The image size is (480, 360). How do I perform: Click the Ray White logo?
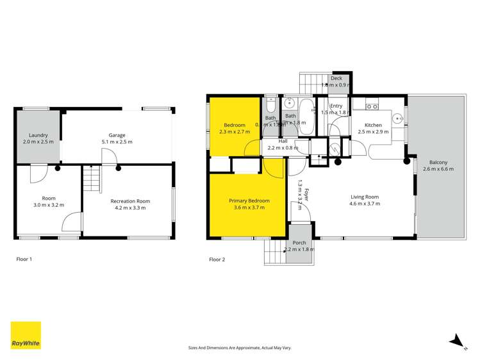coord(26,335)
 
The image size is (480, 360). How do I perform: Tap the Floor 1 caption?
coord(24,259)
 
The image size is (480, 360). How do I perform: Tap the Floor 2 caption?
coord(217,259)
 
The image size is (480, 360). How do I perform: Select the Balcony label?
coord(438,161)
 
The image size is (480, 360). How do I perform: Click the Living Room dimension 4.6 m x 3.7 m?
coord(364,204)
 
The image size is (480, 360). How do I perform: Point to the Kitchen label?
coord(373,125)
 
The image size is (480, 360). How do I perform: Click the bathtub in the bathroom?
coord(305,116)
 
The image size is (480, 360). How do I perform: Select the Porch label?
coord(299,243)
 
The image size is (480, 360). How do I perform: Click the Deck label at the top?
coord(336,78)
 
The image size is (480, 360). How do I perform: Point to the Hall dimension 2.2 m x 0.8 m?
coord(283,147)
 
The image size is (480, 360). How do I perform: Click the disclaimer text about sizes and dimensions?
coord(240,347)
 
